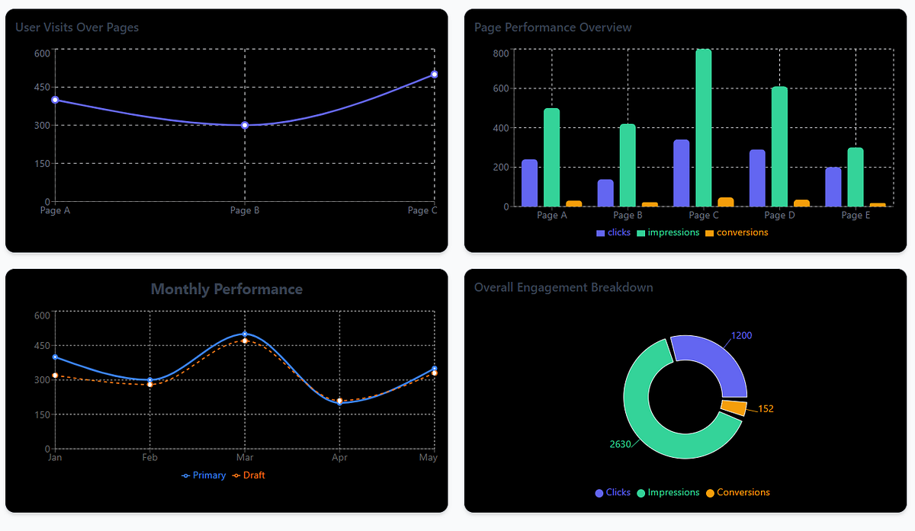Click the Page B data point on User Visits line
pos(245,125)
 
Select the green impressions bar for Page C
pos(703,128)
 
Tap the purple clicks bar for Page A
pos(529,183)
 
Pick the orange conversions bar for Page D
pos(801,203)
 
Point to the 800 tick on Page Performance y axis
pos(501,53)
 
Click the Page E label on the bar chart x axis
pos(856,216)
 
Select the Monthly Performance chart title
pos(226,289)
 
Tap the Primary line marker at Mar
pos(245,334)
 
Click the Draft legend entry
pos(249,475)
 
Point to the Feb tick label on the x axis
pos(149,458)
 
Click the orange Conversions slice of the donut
pos(734,408)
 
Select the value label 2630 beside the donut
pos(620,444)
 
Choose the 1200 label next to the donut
pos(742,336)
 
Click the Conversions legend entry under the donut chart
pos(738,493)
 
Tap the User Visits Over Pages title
pos(77,27)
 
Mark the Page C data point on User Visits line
pos(434,75)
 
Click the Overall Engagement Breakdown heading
pos(563,287)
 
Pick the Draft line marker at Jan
pos(55,376)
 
